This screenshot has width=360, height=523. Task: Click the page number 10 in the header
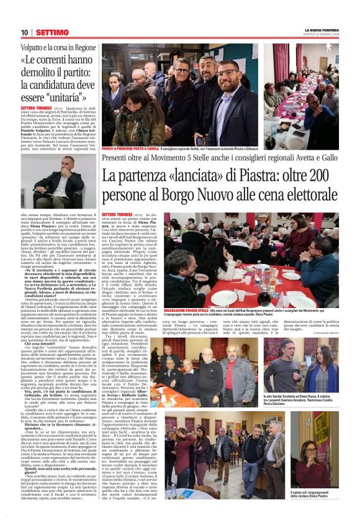click(x=24, y=32)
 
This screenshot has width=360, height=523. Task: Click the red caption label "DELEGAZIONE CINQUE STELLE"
click(x=187, y=309)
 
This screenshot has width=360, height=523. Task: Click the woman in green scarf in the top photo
click(x=140, y=115)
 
